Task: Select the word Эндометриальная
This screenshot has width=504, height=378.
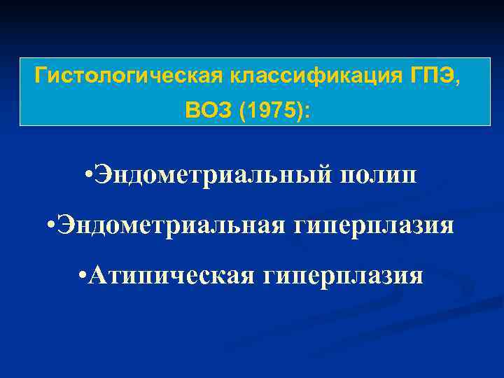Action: [x=171, y=225]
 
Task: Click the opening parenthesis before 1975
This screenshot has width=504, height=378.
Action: [x=242, y=110]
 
